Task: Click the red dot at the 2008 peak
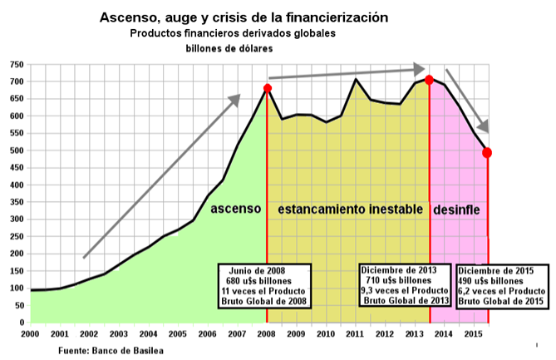tap(268, 88)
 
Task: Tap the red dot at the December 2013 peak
tap(430, 80)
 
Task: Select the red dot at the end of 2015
tap(488, 153)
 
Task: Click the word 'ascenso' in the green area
tap(235, 208)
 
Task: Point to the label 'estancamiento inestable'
tap(349, 208)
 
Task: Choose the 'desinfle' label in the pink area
tap(457, 208)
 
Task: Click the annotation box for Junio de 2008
tap(265, 287)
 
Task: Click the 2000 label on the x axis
tap(29, 333)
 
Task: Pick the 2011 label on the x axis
tap(355, 333)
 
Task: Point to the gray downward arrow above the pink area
tap(467, 101)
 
